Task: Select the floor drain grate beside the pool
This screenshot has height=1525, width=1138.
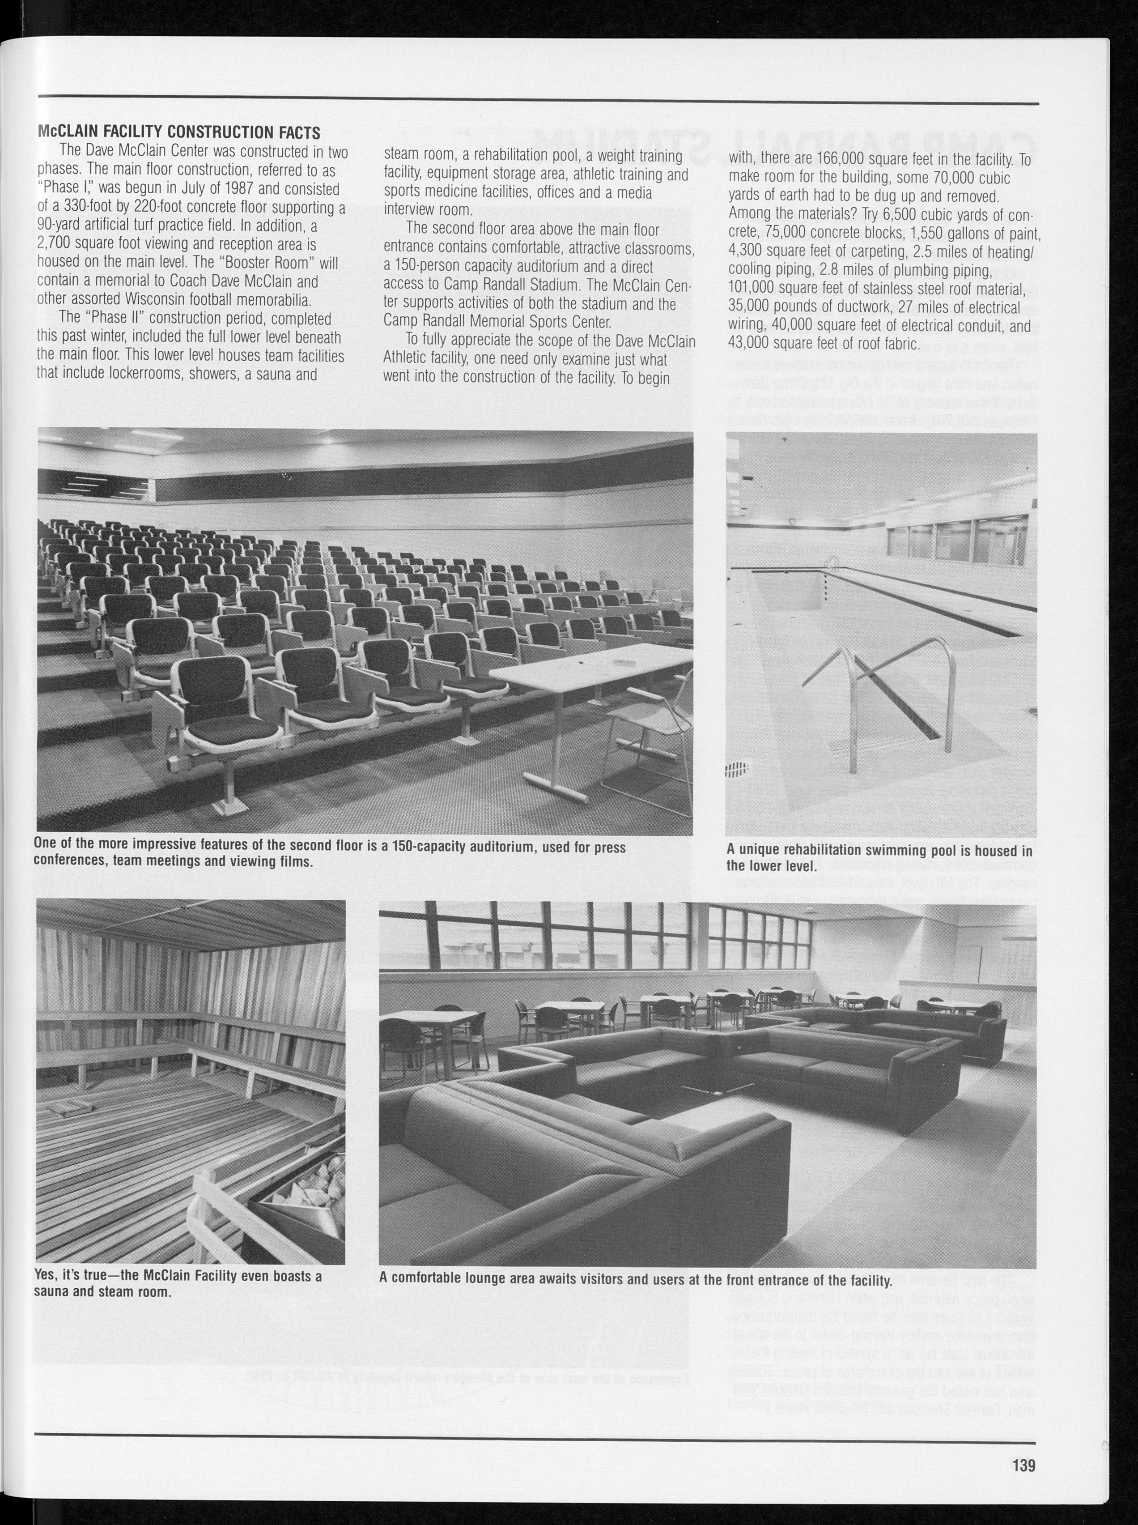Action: pos(738,769)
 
